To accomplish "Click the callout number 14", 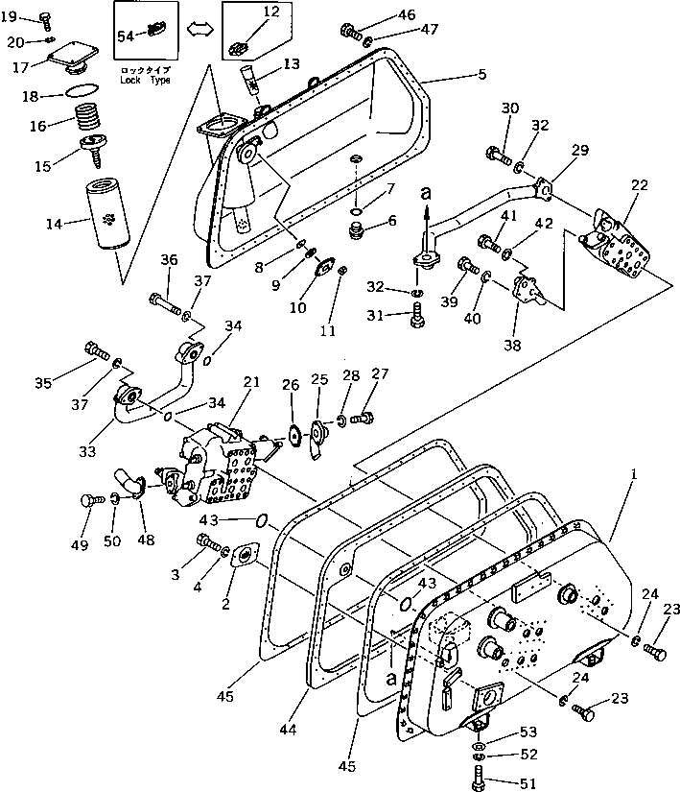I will click(x=54, y=224).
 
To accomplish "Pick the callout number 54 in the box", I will click(x=126, y=36).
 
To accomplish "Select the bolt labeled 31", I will click(x=418, y=315).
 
